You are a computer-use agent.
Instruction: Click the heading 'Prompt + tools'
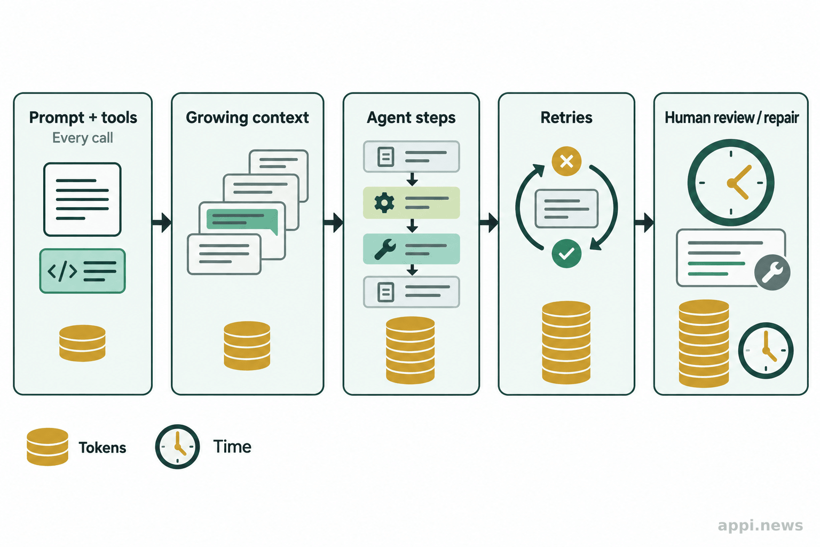(x=83, y=118)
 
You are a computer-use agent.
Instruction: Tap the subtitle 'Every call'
(x=82, y=138)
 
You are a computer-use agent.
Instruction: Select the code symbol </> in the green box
(x=62, y=271)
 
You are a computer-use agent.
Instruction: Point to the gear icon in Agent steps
(x=384, y=203)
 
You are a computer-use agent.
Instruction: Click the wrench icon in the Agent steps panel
(x=385, y=249)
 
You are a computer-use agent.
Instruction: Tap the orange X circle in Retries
(x=566, y=161)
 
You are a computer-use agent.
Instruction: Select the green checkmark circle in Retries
(x=566, y=253)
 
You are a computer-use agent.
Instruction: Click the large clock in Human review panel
(x=731, y=183)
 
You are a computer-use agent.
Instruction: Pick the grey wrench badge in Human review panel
(x=772, y=272)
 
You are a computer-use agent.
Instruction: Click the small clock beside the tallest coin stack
(x=766, y=350)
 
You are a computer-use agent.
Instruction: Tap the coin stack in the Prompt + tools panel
(x=82, y=343)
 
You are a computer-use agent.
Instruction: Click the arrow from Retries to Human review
(x=644, y=222)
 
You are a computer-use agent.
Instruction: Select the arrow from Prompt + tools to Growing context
(x=161, y=222)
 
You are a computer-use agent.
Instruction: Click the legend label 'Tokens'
(x=102, y=448)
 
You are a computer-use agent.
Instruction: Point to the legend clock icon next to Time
(x=178, y=447)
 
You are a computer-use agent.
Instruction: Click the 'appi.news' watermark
(x=760, y=526)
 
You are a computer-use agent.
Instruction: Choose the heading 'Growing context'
(x=248, y=118)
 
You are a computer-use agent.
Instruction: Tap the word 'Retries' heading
(x=566, y=118)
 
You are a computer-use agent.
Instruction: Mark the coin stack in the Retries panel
(x=566, y=342)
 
